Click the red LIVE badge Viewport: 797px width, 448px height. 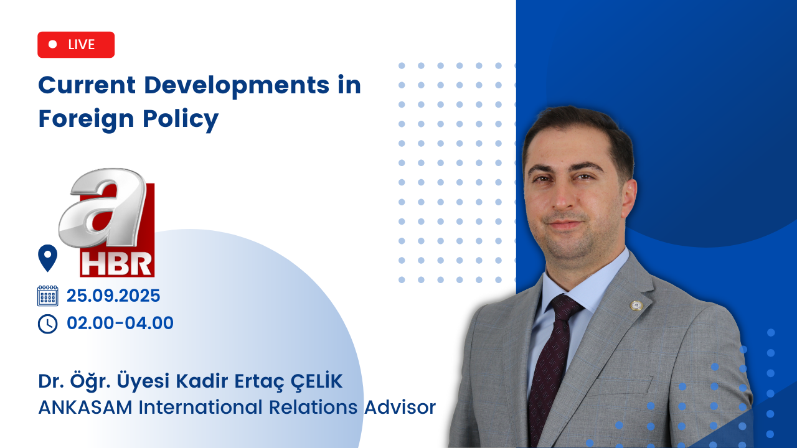click(x=76, y=45)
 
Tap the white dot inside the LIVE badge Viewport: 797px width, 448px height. click(x=53, y=44)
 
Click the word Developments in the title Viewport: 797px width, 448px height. click(x=237, y=86)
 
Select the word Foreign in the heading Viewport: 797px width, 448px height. click(x=86, y=119)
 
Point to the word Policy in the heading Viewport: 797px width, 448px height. click(x=181, y=119)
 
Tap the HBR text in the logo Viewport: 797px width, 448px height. click(x=116, y=264)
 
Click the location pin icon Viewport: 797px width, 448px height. click(x=48, y=258)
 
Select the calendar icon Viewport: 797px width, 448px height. click(x=48, y=296)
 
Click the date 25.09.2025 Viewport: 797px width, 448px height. click(x=113, y=296)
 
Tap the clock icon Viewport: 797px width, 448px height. click(x=48, y=324)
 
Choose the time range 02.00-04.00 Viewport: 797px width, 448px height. click(x=120, y=323)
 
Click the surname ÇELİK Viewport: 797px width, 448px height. click(x=316, y=381)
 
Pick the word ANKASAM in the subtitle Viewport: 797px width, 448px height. click(x=85, y=408)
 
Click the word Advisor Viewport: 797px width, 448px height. click(x=400, y=408)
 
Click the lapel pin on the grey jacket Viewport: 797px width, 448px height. click(x=636, y=306)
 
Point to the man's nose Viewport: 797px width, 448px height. click(x=564, y=198)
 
